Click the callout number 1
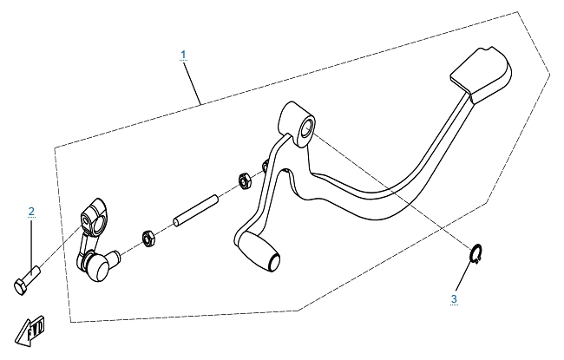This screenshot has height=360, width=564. [x=183, y=55]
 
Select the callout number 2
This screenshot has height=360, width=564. [x=31, y=212]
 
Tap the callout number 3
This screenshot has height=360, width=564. [x=454, y=299]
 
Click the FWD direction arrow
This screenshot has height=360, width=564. [x=30, y=331]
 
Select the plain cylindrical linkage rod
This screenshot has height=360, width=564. [x=196, y=211]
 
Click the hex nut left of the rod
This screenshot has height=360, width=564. [x=148, y=239]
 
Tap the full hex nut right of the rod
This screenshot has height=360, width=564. [x=246, y=181]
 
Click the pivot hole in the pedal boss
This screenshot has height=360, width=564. [x=307, y=129]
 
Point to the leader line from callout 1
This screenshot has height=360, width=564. [x=193, y=82]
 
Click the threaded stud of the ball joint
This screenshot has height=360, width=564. [x=114, y=257]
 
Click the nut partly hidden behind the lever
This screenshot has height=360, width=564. [x=265, y=166]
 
